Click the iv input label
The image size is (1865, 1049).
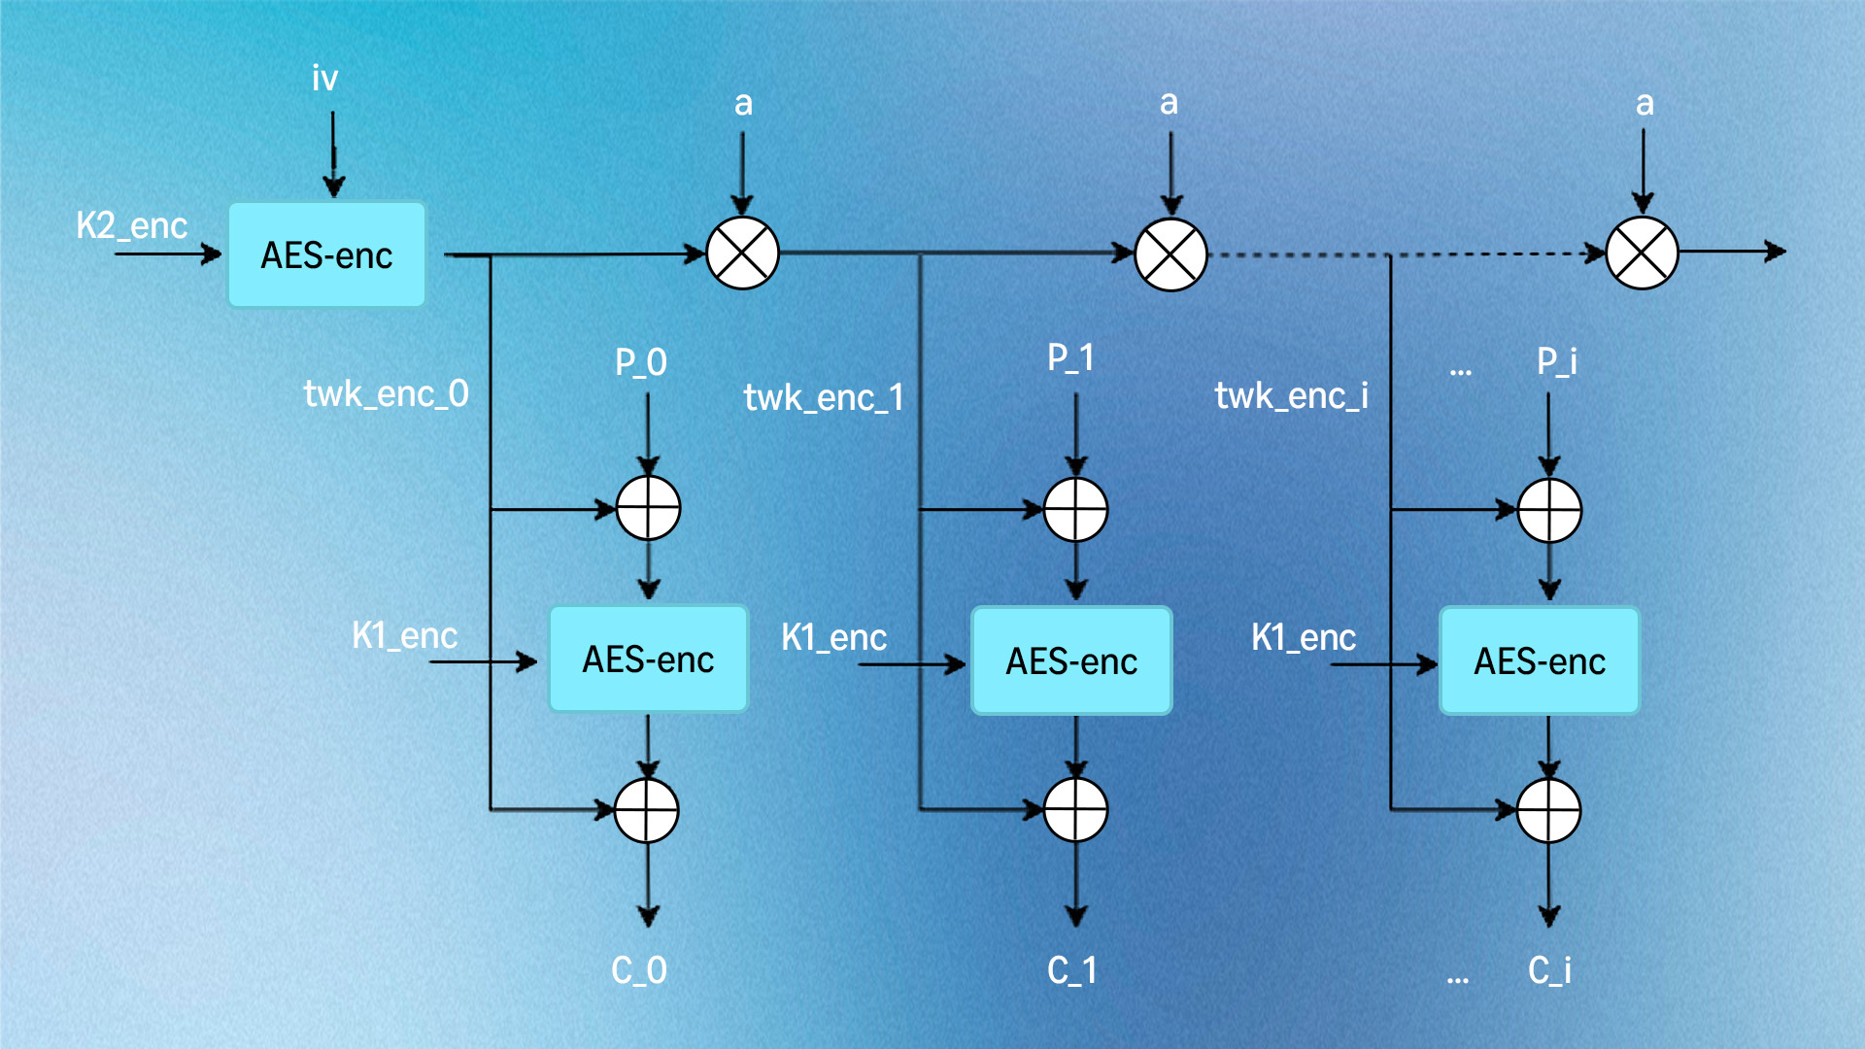[324, 78]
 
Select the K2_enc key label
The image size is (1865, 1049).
[131, 225]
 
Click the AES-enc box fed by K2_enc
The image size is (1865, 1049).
[326, 255]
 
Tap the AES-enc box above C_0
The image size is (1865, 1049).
[648, 660]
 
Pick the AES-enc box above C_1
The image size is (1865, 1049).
[1071, 661]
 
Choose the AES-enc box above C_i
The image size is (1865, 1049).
[1540, 661]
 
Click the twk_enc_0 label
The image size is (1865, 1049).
[386, 393]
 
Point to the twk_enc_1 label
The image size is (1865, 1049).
[824, 397]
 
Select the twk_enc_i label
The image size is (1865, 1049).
[1291, 395]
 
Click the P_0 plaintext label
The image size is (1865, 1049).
[640, 362]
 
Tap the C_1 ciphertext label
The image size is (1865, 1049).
[1071, 969]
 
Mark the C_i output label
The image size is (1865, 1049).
[1549, 969]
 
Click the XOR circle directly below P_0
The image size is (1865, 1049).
[648, 508]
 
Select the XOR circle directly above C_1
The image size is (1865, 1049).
[1075, 809]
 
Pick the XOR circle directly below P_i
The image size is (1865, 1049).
[1549, 510]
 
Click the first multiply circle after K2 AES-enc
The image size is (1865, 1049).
[742, 254]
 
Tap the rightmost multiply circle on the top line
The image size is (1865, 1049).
[1642, 254]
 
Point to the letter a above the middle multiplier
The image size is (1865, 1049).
[1169, 102]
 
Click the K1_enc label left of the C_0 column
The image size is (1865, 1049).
[404, 635]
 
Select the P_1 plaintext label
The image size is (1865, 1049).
[1070, 357]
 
